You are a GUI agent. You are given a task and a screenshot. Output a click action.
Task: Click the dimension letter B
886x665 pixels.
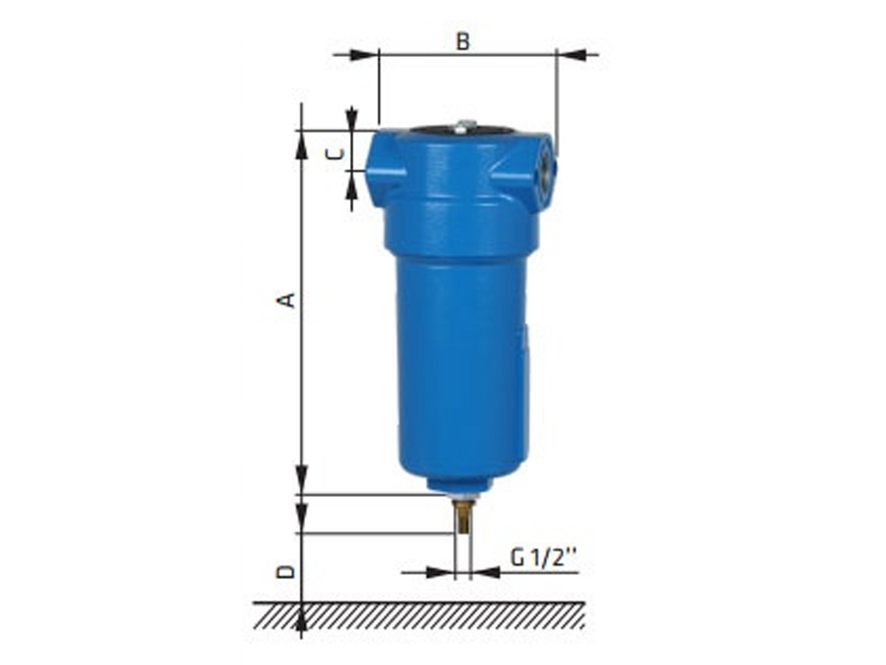click(462, 41)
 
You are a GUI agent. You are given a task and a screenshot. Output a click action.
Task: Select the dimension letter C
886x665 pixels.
click(336, 154)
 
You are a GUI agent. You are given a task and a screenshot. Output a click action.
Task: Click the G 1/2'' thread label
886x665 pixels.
click(543, 558)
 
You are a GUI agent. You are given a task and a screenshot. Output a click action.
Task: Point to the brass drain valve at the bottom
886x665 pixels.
click(462, 517)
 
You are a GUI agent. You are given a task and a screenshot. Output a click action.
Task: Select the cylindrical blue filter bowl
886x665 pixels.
click(462, 366)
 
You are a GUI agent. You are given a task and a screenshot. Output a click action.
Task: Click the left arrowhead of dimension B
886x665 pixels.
click(363, 55)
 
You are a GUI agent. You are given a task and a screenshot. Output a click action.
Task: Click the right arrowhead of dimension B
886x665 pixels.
click(572, 55)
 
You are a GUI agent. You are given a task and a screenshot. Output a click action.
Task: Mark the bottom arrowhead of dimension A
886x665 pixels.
click(302, 479)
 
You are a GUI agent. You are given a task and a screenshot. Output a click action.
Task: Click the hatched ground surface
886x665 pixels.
click(420, 616)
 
